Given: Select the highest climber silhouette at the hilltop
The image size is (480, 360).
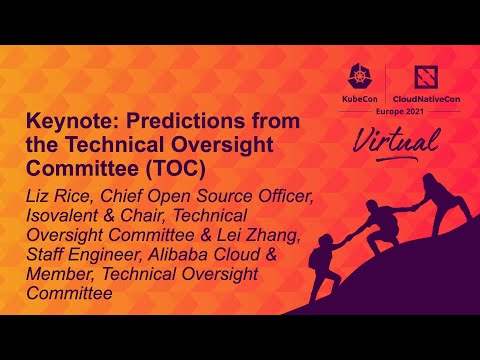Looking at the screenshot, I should coord(432,198).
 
